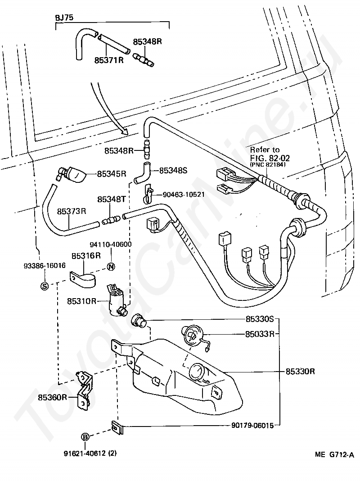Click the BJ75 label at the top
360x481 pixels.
64,18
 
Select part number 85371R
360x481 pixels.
109,60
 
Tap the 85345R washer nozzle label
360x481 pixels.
112,174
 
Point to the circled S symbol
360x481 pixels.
45,286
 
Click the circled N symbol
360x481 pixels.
111,267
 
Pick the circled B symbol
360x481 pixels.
85,437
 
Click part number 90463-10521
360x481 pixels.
184,195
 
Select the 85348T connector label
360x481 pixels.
112,199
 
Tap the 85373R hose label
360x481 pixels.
72,211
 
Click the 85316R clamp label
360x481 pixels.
86,255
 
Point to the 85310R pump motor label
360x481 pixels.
81,301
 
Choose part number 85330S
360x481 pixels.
260,319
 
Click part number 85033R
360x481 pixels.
260,334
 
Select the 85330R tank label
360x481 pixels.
300,372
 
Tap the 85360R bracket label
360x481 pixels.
52,398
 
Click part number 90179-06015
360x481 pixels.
252,426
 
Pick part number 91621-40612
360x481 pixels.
85,453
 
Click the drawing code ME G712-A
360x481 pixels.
334,454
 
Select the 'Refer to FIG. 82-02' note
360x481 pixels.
270,156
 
